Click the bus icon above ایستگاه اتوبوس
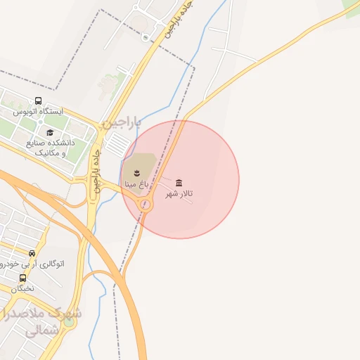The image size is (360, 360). (x=38, y=101)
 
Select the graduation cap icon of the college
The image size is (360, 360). (x=50, y=132)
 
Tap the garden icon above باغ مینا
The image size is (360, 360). (x=136, y=171)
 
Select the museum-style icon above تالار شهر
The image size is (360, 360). (x=179, y=183)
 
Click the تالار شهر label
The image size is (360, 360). (x=179, y=194)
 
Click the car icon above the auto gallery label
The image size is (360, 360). (x=32, y=253)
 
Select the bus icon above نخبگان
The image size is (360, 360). (x=23, y=277)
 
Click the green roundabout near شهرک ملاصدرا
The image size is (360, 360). (x=69, y=322)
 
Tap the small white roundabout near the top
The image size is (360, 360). (x=146, y=37)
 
